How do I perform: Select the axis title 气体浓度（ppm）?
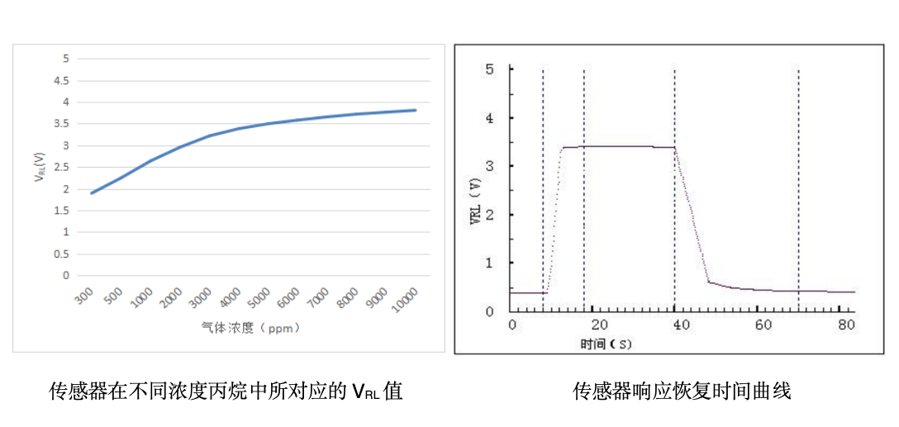[x=250, y=328]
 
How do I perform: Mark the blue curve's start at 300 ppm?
[x=91, y=193]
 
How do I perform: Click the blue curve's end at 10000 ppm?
[x=416, y=110]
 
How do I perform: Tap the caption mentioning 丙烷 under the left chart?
[x=226, y=391]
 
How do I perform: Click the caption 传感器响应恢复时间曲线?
[x=682, y=391]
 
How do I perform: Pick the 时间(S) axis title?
[x=606, y=343]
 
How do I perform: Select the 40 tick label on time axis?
[x=680, y=325]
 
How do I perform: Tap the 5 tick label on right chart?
[x=490, y=69]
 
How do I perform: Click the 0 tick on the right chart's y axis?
[x=490, y=311]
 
